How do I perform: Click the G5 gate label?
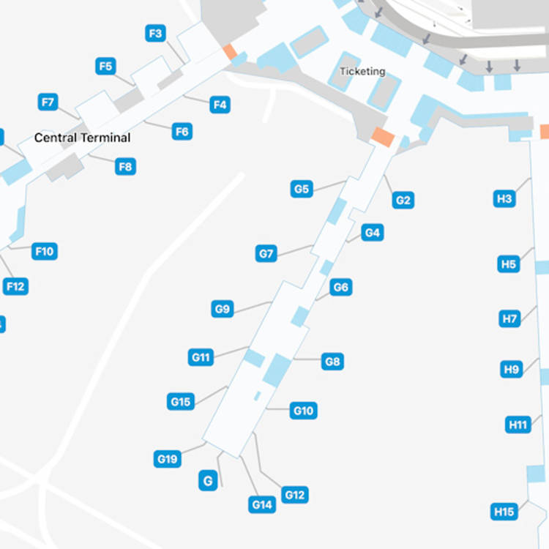click(302, 190)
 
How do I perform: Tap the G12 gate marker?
click(294, 495)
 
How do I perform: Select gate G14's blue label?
click(262, 504)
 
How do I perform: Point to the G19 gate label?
click(167, 459)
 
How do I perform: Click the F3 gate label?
click(155, 34)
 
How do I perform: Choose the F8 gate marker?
click(126, 167)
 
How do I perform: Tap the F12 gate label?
click(15, 286)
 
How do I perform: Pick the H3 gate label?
click(504, 198)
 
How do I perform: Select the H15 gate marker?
click(504, 512)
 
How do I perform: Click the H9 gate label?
click(512, 370)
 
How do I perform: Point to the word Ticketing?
click(362, 71)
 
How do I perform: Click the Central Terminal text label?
click(83, 138)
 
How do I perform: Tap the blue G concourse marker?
click(209, 481)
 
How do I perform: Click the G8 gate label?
click(333, 361)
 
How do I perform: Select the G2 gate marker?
click(403, 200)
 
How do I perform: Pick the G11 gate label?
click(201, 357)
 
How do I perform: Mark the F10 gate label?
click(44, 252)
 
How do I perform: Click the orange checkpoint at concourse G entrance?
click(383, 136)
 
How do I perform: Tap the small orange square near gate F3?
click(230, 52)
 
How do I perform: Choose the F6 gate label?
click(182, 132)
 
